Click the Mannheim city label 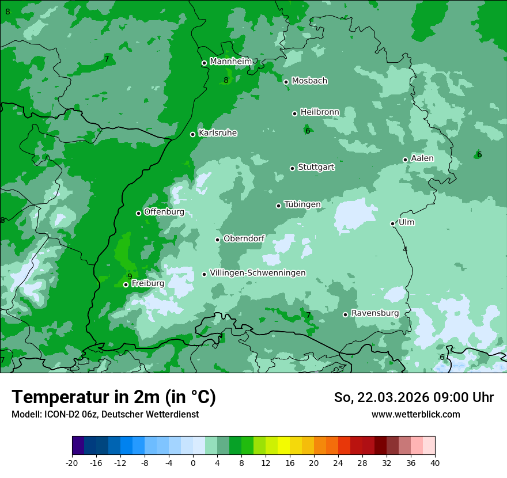point(230,62)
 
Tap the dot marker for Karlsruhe point(193,135)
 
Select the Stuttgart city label point(316,168)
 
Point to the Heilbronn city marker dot point(295,113)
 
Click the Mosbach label point(309,81)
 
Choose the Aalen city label point(422,158)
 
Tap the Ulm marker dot point(393,223)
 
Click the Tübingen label point(302,204)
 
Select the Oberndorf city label point(244,238)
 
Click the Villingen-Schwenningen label point(258,273)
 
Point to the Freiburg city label point(147,283)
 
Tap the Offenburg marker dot point(139,213)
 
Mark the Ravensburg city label point(375,313)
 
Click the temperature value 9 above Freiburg point(130,276)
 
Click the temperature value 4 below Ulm point(405,249)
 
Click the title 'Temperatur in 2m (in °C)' point(113,397)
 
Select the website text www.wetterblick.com point(415,415)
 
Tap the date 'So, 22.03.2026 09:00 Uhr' point(414,397)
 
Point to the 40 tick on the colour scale point(435,462)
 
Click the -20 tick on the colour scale point(72,462)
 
